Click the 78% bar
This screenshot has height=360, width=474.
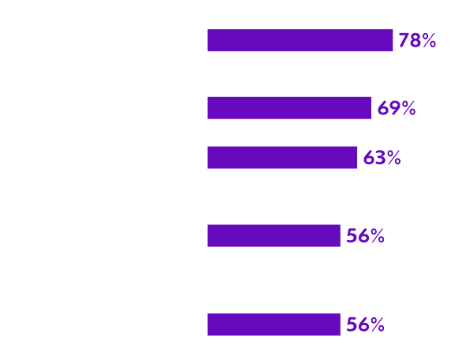(x=300, y=40)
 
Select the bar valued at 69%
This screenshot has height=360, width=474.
(x=289, y=108)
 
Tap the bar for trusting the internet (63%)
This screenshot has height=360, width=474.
(x=283, y=157)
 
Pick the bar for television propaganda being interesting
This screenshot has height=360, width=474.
(x=274, y=235)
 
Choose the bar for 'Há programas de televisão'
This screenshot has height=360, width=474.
(x=274, y=324)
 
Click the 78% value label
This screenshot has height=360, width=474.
(x=418, y=41)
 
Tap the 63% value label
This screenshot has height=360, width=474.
(x=382, y=158)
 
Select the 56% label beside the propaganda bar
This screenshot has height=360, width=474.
(x=365, y=235)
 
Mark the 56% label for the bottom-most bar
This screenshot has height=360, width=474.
(x=365, y=324)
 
